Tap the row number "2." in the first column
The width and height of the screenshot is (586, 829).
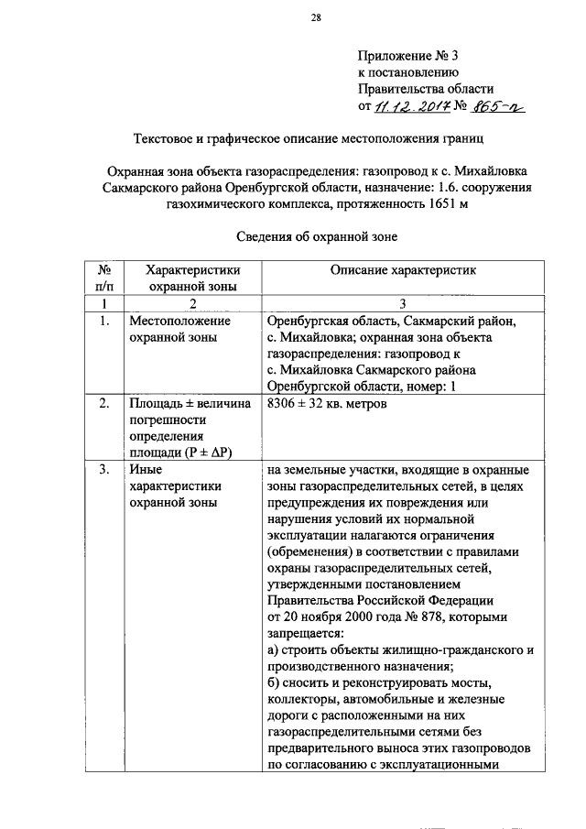(105, 403)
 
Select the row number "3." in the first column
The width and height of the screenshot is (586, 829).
(105, 470)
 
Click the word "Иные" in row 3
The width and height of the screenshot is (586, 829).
(146, 470)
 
